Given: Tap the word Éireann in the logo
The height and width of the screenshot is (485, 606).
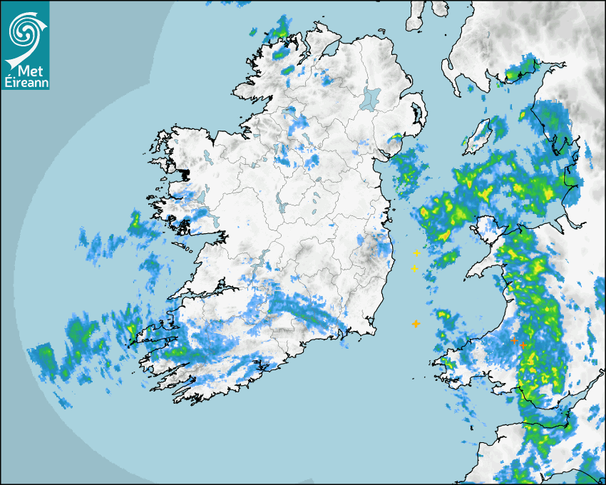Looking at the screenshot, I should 25,82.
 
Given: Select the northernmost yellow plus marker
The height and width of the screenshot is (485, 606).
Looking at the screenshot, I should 416,252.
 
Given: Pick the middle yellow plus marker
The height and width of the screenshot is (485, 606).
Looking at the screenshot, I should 414,268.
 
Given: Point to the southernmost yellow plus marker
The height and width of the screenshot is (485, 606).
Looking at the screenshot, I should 416,324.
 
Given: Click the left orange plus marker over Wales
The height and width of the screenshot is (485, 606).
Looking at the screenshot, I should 513,341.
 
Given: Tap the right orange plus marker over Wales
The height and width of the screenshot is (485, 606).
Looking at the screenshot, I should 523,346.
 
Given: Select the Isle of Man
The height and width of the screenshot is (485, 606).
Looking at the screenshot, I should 478,136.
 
